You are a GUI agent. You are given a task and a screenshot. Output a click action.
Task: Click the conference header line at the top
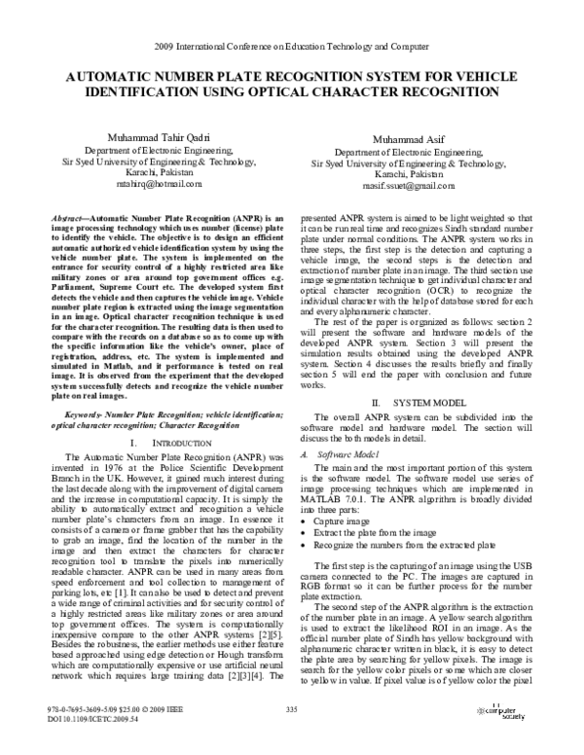pos(292,47)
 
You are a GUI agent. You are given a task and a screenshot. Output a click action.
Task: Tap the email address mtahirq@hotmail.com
pos(158,183)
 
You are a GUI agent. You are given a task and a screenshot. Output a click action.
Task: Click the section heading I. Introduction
pos(160,444)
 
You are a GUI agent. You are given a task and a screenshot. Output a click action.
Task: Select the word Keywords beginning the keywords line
pos(75,413)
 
